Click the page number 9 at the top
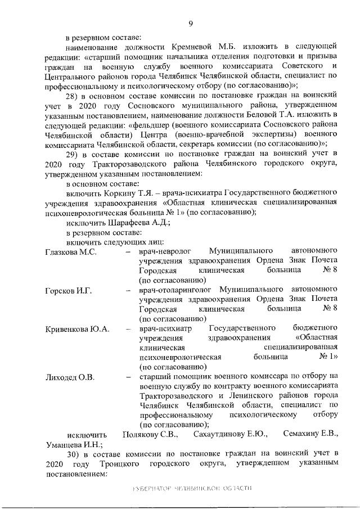click(x=191, y=22)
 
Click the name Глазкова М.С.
click(x=71, y=251)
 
